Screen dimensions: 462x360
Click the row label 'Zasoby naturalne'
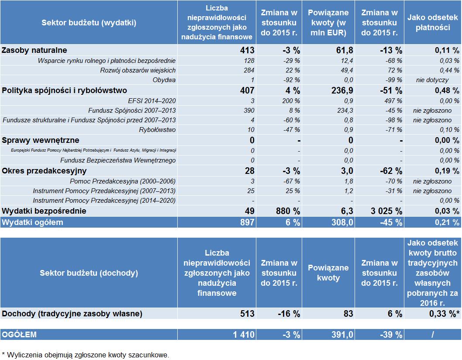(x=34, y=50)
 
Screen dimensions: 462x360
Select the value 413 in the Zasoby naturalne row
(x=247, y=50)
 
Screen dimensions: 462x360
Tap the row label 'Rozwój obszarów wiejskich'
(x=138, y=70)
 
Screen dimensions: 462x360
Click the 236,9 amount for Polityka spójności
(x=342, y=90)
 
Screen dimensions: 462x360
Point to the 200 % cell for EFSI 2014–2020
(x=291, y=101)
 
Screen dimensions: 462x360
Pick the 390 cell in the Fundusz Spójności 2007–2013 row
(x=249, y=111)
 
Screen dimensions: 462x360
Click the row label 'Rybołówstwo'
(x=157, y=130)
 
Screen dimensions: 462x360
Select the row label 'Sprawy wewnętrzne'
(x=41, y=140)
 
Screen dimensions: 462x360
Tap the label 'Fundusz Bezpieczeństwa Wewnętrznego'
(x=118, y=160)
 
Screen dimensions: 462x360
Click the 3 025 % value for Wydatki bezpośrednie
(x=386, y=211)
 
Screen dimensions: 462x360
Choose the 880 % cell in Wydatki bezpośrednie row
(x=288, y=211)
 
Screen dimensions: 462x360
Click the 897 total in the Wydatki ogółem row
(x=247, y=222)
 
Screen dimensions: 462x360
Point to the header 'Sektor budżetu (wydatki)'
(x=89, y=23)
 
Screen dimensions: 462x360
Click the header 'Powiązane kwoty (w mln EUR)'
(x=328, y=23)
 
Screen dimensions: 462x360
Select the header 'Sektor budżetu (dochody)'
(x=89, y=273)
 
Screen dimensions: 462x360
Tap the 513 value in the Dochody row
(x=247, y=313)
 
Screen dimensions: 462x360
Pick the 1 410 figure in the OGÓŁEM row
(x=244, y=335)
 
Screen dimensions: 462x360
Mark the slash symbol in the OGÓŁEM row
(x=433, y=335)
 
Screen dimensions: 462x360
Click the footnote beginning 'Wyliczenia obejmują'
(x=86, y=355)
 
